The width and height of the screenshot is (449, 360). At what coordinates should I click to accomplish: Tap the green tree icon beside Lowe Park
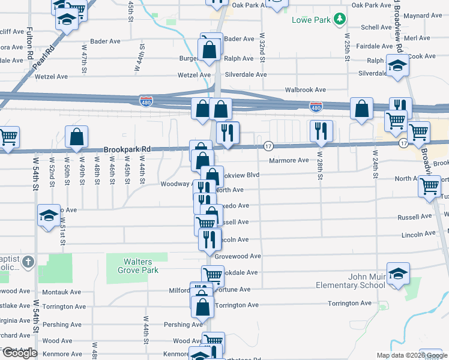[x=340, y=20]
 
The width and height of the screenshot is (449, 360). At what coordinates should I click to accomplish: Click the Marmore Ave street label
[x=289, y=160]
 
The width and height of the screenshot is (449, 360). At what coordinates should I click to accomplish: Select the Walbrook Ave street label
[x=305, y=89]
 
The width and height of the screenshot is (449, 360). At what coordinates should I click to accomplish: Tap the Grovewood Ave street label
[x=238, y=256]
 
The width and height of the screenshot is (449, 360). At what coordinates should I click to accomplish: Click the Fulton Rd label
[x=29, y=46]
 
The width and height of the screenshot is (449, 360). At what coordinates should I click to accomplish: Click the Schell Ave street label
[x=376, y=28]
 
